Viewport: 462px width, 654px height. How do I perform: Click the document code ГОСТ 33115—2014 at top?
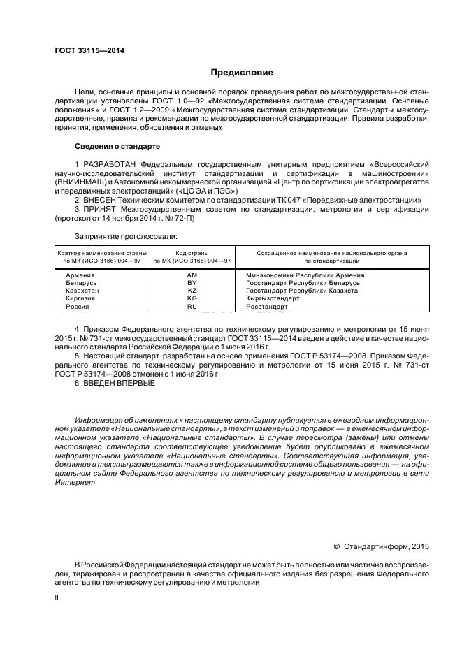click(85, 50)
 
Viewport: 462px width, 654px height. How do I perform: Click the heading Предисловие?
click(242, 73)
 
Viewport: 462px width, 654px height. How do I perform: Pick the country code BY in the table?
click(192, 283)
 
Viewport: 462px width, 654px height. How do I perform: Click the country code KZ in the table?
click(192, 291)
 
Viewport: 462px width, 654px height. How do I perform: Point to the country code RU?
click(192, 306)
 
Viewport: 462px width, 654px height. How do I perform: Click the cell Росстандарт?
click(267, 306)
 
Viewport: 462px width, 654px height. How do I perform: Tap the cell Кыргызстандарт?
click(273, 298)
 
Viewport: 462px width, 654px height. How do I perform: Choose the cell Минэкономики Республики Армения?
click(305, 275)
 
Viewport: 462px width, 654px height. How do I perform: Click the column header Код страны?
click(192, 253)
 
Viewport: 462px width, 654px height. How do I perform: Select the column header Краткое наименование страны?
click(102, 253)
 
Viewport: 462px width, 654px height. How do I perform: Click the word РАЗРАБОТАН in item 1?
click(112, 163)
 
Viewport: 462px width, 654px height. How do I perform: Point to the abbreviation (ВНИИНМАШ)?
click(78, 181)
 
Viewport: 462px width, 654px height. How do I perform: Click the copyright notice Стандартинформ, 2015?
click(387, 546)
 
